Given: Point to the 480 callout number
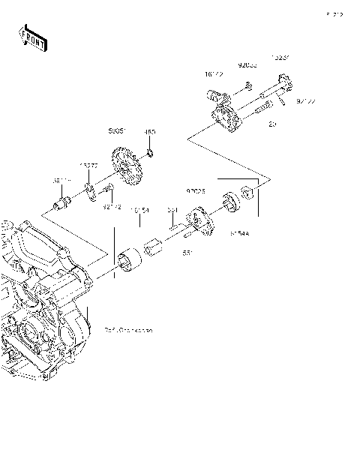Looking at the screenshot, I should click(150, 132).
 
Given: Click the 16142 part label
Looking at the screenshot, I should click(212, 74).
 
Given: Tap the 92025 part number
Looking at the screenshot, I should click(196, 192).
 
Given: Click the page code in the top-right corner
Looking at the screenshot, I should click(334, 14).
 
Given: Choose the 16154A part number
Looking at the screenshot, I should click(140, 212).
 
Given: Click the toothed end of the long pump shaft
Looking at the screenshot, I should click(283, 79).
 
